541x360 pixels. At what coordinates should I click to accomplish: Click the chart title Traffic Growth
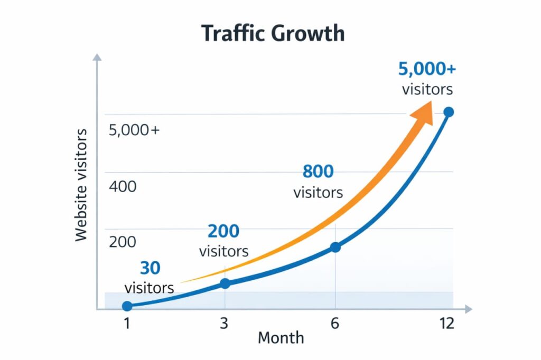pyautogui.click(x=273, y=34)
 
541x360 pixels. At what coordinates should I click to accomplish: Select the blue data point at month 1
pyautogui.click(x=127, y=306)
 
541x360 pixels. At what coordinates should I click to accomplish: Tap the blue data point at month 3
pyautogui.click(x=225, y=283)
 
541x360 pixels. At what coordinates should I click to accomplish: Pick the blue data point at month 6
pyautogui.click(x=335, y=247)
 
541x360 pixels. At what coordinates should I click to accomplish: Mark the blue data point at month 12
pyautogui.click(x=449, y=112)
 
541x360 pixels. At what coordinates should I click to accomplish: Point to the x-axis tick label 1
pyautogui.click(x=127, y=324)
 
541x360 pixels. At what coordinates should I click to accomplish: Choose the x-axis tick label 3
pyautogui.click(x=224, y=324)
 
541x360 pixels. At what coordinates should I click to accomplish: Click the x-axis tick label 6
pyautogui.click(x=334, y=324)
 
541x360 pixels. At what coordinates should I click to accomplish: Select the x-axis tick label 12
pyautogui.click(x=446, y=324)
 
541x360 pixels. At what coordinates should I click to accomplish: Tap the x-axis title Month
pyautogui.click(x=281, y=338)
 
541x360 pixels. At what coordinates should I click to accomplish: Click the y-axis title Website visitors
pyautogui.click(x=81, y=185)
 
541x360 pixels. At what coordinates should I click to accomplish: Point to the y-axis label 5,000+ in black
pyautogui.click(x=134, y=130)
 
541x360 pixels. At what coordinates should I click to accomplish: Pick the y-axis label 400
pyautogui.click(x=122, y=186)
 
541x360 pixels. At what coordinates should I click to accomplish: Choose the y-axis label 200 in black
pyautogui.click(x=122, y=242)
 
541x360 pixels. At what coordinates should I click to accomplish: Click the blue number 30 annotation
pyautogui.click(x=150, y=268)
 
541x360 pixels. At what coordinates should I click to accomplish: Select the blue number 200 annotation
pyautogui.click(x=223, y=231)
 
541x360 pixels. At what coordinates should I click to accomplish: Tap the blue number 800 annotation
pyautogui.click(x=318, y=172)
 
